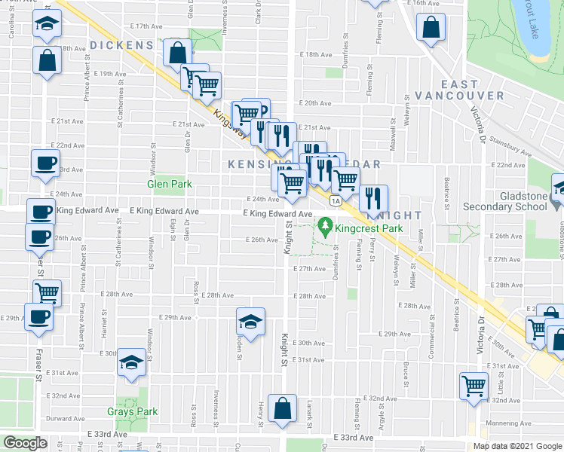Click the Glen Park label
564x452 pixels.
click(169, 184)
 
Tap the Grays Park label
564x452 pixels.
click(132, 412)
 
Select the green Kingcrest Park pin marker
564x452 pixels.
click(326, 224)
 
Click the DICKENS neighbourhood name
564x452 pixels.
click(121, 46)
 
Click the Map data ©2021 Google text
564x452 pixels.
click(516, 446)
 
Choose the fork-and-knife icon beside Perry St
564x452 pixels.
click(373, 199)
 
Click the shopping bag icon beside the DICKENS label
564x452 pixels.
click(176, 54)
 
